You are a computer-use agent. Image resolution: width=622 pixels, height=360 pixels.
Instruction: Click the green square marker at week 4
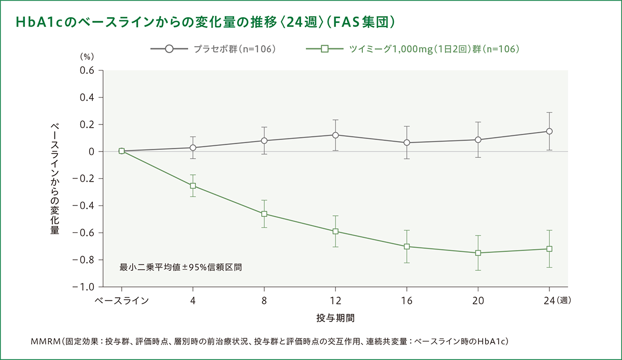click(193, 185)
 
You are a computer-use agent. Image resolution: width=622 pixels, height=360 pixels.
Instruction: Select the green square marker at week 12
click(335, 231)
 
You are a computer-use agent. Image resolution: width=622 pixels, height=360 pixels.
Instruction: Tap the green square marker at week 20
click(478, 253)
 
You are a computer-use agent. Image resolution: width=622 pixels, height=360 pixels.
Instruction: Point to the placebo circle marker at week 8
click(264, 141)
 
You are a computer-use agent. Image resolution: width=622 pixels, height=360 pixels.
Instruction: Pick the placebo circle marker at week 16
click(407, 143)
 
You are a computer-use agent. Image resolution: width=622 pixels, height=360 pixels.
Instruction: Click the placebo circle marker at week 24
click(549, 131)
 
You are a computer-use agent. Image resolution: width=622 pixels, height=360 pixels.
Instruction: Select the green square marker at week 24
click(549, 249)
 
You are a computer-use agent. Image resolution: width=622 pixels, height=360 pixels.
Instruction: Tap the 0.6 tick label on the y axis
click(87, 71)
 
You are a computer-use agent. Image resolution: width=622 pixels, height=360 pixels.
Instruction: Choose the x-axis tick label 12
click(335, 300)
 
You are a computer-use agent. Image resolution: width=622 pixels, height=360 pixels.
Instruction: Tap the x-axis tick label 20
click(478, 300)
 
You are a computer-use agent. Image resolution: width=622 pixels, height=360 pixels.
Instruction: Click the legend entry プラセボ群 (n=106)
click(234, 49)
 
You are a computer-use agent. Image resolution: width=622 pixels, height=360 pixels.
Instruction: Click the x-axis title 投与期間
click(335, 316)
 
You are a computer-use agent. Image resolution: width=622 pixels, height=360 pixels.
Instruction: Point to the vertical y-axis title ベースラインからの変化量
click(54, 179)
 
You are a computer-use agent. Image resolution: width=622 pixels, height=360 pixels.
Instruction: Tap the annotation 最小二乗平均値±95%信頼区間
click(181, 268)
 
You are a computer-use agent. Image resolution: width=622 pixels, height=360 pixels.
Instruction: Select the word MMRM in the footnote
click(46, 341)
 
